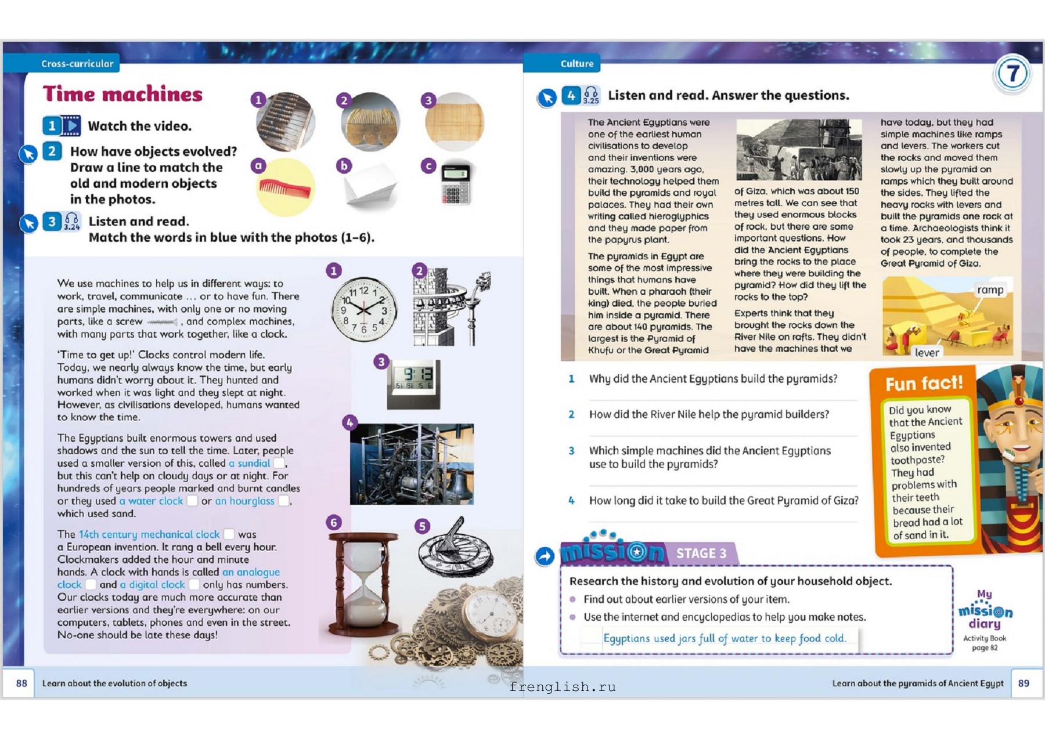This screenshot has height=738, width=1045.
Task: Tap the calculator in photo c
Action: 455,185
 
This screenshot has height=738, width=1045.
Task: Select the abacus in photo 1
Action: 286,122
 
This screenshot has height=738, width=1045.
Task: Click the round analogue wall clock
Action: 364,309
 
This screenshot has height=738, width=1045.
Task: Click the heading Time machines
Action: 122,94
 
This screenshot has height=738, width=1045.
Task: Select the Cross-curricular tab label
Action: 77,64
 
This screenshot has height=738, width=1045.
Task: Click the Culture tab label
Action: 576,64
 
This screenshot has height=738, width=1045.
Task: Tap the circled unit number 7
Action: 1012,74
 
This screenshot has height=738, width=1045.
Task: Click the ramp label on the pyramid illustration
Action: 990,290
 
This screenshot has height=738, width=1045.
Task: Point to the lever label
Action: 927,353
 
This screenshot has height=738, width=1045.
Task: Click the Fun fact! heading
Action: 924,384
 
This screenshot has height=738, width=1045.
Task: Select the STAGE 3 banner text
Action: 701,553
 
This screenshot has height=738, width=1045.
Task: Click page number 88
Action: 21,683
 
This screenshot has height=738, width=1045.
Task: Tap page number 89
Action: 1024,683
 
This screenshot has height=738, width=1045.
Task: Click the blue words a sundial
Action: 250,464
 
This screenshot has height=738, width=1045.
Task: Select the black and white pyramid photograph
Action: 799,150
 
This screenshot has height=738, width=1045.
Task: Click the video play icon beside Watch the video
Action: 71,126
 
